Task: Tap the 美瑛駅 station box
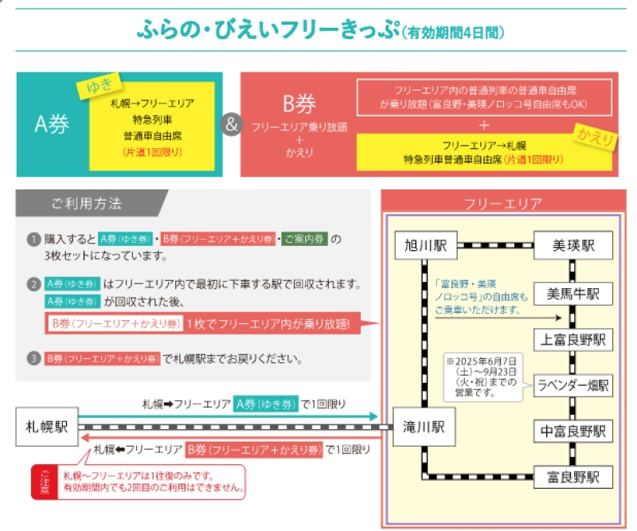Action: click(x=573, y=246)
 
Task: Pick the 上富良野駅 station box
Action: click(x=573, y=340)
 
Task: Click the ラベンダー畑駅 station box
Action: click(x=573, y=386)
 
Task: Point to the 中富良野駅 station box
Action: click(x=573, y=431)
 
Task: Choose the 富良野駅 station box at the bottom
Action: click(x=573, y=477)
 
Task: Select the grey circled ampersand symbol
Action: click(x=231, y=125)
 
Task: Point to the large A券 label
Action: click(x=52, y=125)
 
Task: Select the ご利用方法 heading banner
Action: click(x=87, y=204)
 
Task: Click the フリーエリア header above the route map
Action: click(x=502, y=203)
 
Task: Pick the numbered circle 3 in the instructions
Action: click(x=33, y=359)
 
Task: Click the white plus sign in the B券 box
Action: click(x=484, y=125)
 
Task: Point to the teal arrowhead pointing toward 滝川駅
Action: click(x=374, y=416)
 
